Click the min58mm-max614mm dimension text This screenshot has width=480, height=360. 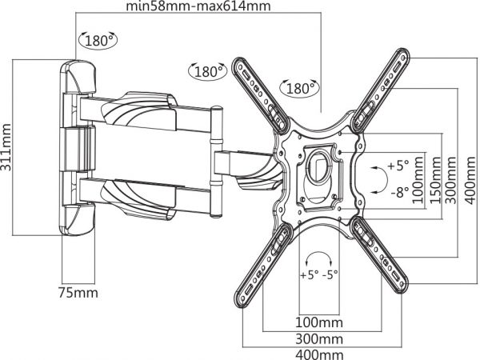[x=198, y=6]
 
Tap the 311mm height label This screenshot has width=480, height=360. [x=6, y=147]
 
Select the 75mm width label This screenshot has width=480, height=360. [x=78, y=293]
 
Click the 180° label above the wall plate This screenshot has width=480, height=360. [x=98, y=41]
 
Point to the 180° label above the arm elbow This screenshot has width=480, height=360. [x=207, y=72]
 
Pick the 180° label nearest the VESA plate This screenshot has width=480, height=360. [x=299, y=89]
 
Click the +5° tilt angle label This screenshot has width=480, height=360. [x=398, y=166]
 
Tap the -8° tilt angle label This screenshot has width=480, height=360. [x=400, y=193]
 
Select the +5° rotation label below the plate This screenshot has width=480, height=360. [x=309, y=274]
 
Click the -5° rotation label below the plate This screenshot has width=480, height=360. [x=330, y=274]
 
